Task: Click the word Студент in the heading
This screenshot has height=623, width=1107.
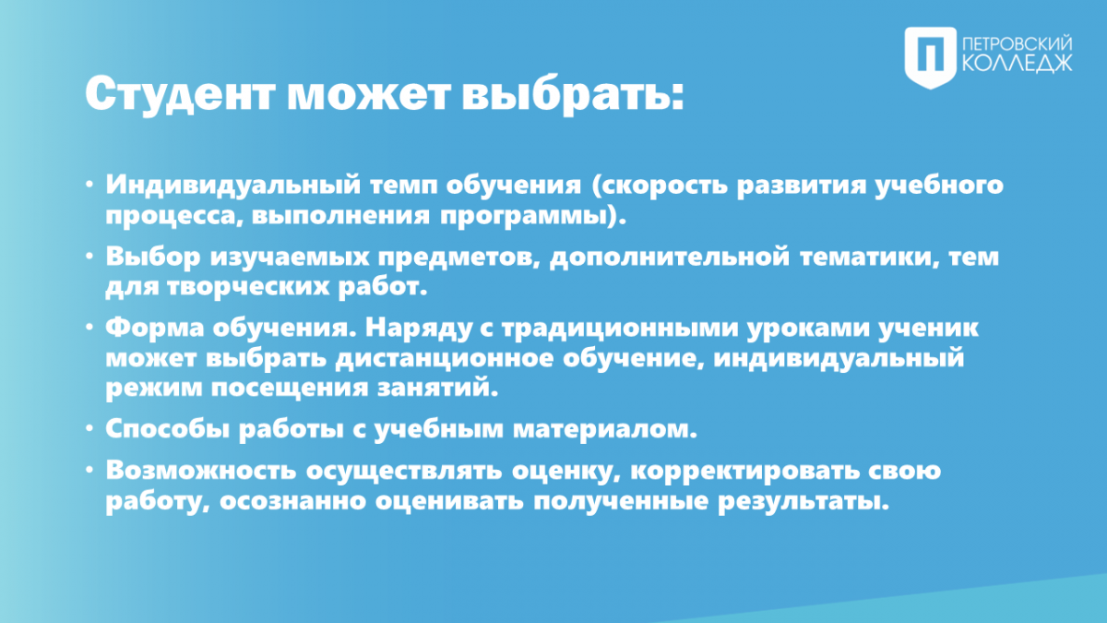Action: [x=180, y=94]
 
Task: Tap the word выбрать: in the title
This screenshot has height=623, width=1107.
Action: [x=573, y=94]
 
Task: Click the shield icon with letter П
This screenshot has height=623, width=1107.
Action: [x=930, y=58]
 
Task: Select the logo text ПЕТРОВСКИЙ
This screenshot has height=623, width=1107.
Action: [x=1018, y=43]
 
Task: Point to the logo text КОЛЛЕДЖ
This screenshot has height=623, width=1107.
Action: [x=1018, y=64]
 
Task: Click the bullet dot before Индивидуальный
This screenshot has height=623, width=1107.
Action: [x=89, y=185]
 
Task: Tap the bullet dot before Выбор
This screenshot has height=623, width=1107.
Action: [x=89, y=257]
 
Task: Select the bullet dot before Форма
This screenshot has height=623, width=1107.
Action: [x=89, y=328]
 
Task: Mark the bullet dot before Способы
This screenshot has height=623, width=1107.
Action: [x=89, y=428]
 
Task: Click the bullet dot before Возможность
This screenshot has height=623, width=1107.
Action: [x=89, y=470]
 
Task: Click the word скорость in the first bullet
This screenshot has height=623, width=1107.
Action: [x=660, y=186]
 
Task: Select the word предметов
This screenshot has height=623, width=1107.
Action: [x=459, y=258]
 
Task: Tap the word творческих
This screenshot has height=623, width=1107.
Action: [x=248, y=288]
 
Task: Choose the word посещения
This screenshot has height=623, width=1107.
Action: [x=290, y=389]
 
